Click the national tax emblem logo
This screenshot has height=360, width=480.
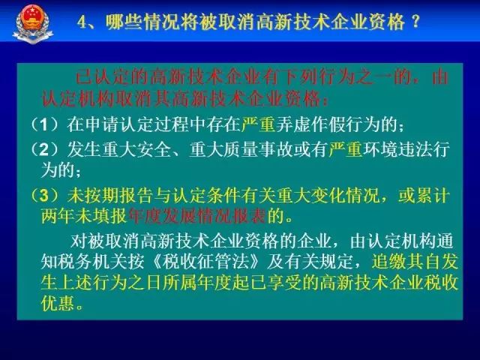(x=33, y=23)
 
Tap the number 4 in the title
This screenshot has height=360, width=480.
(x=82, y=22)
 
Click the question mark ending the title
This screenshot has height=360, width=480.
(x=415, y=22)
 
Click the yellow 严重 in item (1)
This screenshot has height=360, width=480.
(x=258, y=124)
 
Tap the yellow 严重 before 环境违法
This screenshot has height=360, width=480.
(x=346, y=149)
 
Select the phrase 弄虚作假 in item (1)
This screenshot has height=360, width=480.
(x=310, y=124)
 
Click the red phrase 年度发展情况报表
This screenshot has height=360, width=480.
(x=197, y=216)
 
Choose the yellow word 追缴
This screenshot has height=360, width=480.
(x=388, y=262)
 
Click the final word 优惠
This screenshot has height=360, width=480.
(x=58, y=303)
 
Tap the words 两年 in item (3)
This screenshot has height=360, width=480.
(x=58, y=216)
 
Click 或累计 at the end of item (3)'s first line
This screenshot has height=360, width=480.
(x=424, y=196)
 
